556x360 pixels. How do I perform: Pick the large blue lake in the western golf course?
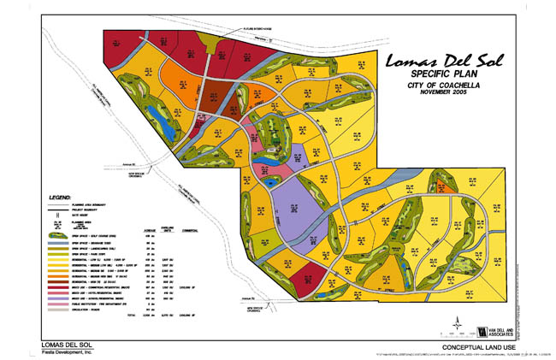163,121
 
